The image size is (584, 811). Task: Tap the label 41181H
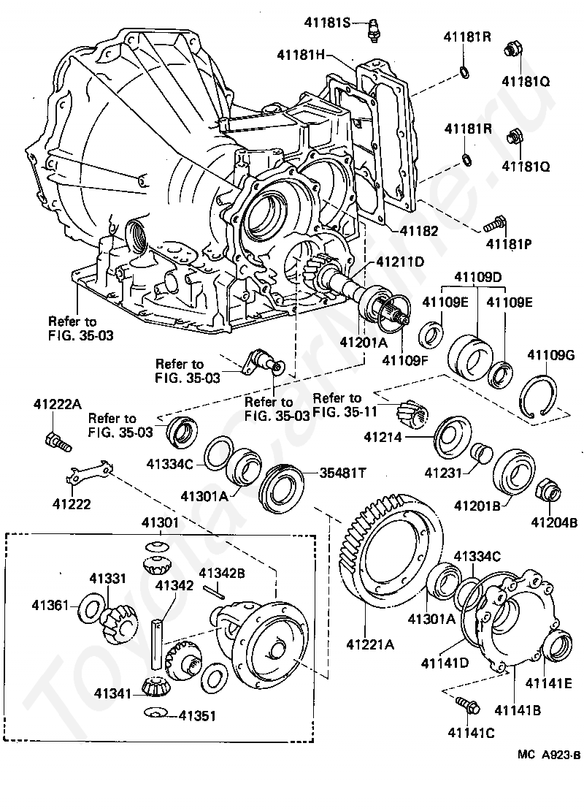[302, 54]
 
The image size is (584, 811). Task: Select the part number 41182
[418, 230]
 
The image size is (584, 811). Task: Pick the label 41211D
[399, 262]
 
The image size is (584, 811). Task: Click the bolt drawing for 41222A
[55, 440]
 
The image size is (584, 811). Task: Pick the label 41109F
[407, 359]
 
